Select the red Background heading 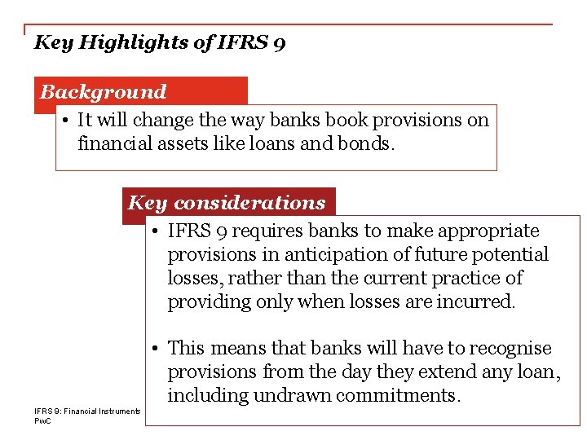tap(103, 92)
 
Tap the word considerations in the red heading tap(249, 203)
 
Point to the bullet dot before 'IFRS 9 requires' tap(154, 231)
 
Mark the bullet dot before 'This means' tap(154, 349)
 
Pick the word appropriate tap(486, 231)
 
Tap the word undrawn tap(287, 396)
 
